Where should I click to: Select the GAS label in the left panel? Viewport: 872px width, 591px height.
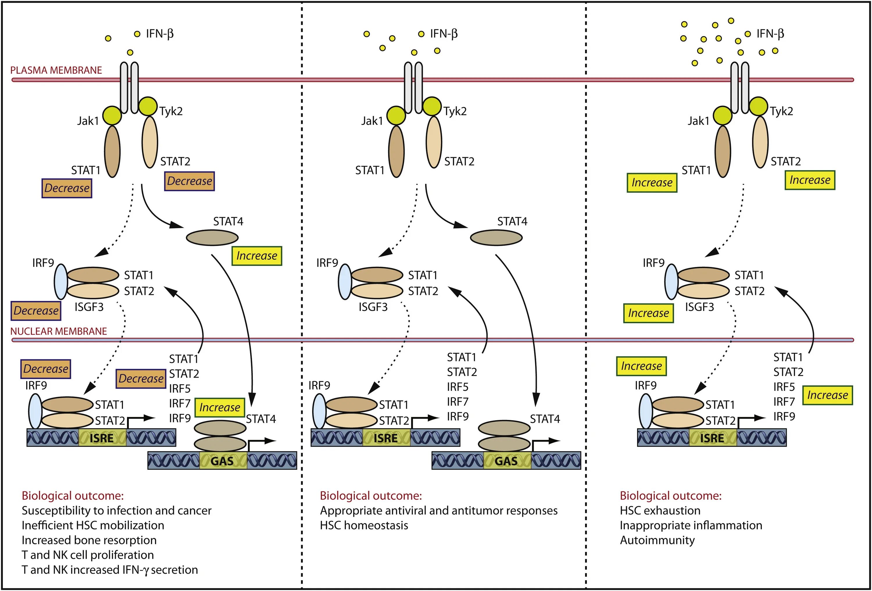point(222,461)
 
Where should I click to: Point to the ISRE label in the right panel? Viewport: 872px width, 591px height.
point(712,438)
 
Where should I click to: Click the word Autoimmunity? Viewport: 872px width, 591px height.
point(657,540)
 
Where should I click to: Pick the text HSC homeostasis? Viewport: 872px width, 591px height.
point(364,525)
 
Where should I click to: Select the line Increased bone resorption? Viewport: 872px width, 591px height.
point(89,540)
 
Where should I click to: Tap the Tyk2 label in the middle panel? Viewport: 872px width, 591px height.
point(455,111)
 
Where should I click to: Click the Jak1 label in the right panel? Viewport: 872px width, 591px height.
point(698,121)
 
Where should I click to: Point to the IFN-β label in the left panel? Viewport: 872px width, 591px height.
point(160,34)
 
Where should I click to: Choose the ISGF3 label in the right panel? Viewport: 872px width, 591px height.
point(699,307)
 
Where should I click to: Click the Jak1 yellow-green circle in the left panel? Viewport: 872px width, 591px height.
point(112,115)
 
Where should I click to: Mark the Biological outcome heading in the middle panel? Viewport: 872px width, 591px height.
point(371,496)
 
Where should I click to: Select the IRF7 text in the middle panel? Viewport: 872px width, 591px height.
point(458,402)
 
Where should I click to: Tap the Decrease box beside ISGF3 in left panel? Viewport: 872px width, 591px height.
point(36,311)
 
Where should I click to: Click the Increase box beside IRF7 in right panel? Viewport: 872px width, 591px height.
point(827,395)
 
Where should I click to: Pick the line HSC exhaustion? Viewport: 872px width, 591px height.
point(660,510)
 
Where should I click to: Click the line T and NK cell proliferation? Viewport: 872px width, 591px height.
point(87,555)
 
